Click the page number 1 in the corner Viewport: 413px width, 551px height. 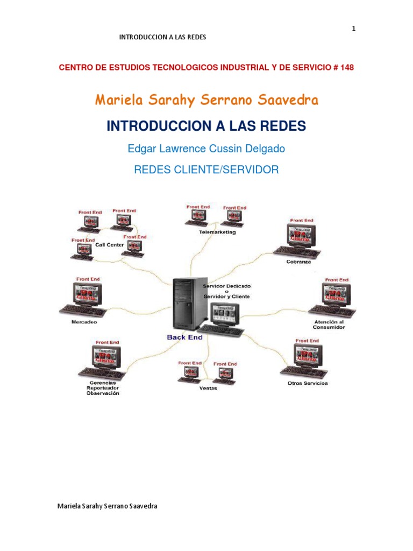[x=353, y=29]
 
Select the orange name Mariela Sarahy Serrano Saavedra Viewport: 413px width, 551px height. [x=206, y=100]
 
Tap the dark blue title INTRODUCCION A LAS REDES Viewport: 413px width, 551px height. [x=206, y=126]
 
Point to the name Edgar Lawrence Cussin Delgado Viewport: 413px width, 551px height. [x=206, y=149]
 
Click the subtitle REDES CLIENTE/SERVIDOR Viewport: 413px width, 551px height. [x=206, y=170]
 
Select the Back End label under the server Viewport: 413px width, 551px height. [x=184, y=337]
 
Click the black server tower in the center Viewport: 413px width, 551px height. [x=188, y=304]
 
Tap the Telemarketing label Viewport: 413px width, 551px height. [x=217, y=232]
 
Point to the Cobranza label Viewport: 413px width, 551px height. [x=298, y=262]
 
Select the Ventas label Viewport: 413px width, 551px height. [x=208, y=388]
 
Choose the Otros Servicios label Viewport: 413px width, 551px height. [x=308, y=383]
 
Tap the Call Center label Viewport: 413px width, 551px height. [x=110, y=245]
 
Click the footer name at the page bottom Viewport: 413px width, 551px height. [x=107, y=506]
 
